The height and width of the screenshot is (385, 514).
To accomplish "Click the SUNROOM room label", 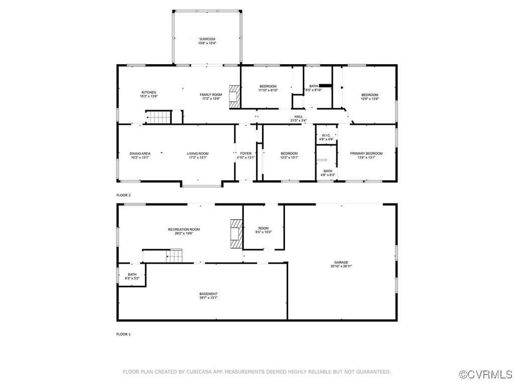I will (207, 39).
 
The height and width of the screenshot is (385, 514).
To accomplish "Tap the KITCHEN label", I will (149, 92).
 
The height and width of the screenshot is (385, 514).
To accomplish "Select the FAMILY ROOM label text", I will (211, 95).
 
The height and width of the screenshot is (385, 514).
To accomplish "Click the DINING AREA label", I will (140, 153).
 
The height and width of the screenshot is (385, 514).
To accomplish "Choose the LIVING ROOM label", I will (198, 153).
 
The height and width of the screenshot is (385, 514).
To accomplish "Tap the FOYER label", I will (245, 153).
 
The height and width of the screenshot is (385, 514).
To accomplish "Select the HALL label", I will (298, 116).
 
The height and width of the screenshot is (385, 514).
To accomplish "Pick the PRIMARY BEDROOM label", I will (366, 153).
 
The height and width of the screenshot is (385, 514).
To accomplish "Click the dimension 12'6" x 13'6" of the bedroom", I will (370, 99).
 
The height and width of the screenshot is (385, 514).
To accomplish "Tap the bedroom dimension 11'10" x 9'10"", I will (268, 90).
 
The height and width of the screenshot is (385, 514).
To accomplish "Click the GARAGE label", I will (341, 262).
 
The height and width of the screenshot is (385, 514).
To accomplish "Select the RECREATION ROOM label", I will (184, 229).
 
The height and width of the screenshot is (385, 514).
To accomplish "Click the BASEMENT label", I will (209, 294).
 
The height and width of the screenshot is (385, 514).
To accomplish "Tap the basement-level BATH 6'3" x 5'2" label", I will (132, 276).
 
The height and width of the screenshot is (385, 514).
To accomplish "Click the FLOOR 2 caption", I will (123, 195).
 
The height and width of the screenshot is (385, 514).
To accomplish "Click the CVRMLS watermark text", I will (486, 374).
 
